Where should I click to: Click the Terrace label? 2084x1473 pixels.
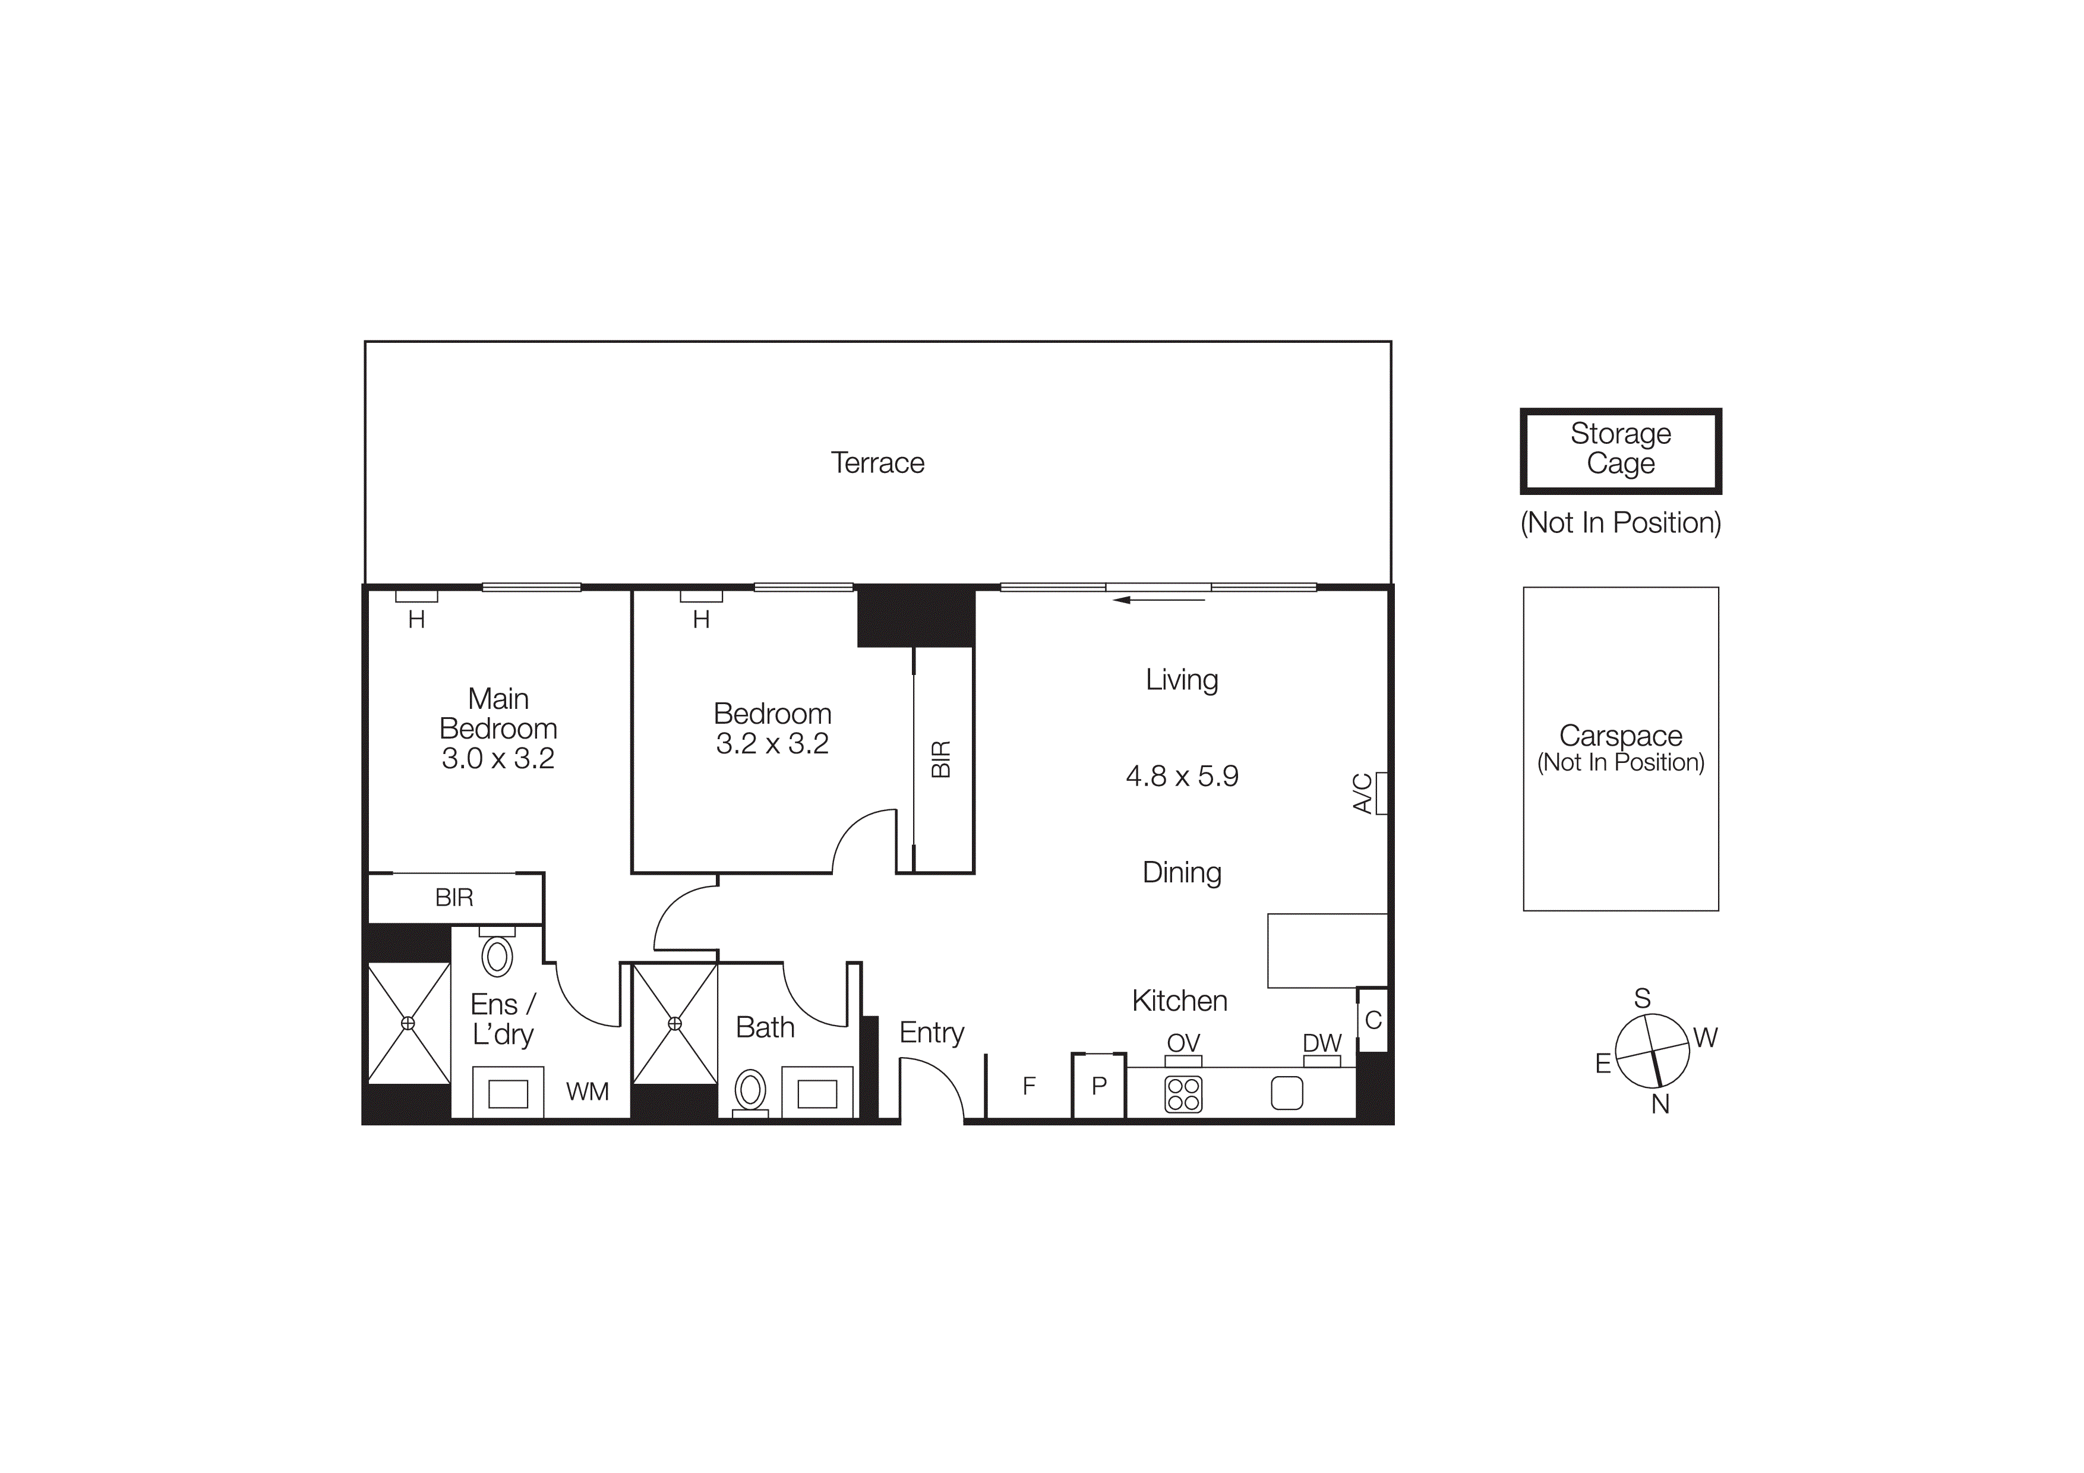877,463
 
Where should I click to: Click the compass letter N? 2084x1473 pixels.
1660,1105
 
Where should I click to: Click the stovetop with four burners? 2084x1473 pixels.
1183,1094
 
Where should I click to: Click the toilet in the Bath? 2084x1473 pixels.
751,1090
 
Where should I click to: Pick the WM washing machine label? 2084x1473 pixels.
588,1092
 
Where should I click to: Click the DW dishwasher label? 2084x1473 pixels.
1322,1043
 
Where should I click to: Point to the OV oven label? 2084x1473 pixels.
1183,1043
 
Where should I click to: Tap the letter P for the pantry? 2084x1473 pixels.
1099,1086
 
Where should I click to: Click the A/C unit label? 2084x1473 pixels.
1362,793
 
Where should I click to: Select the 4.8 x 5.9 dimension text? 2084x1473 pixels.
1182,776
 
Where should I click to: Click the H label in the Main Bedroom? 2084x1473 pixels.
416,620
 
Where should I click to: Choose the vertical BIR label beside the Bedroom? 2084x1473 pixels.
941,759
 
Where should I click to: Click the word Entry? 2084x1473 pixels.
932,1033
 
